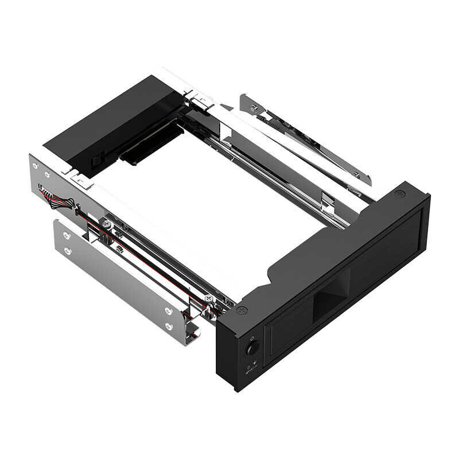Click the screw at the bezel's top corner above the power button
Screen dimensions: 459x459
[x=242, y=310]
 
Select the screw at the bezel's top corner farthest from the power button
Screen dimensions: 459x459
[x=400, y=195]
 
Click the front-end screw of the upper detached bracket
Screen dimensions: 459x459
[x=357, y=173]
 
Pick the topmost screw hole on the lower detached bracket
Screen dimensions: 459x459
[x=67, y=235]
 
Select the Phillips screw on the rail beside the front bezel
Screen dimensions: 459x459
[x=208, y=298]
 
